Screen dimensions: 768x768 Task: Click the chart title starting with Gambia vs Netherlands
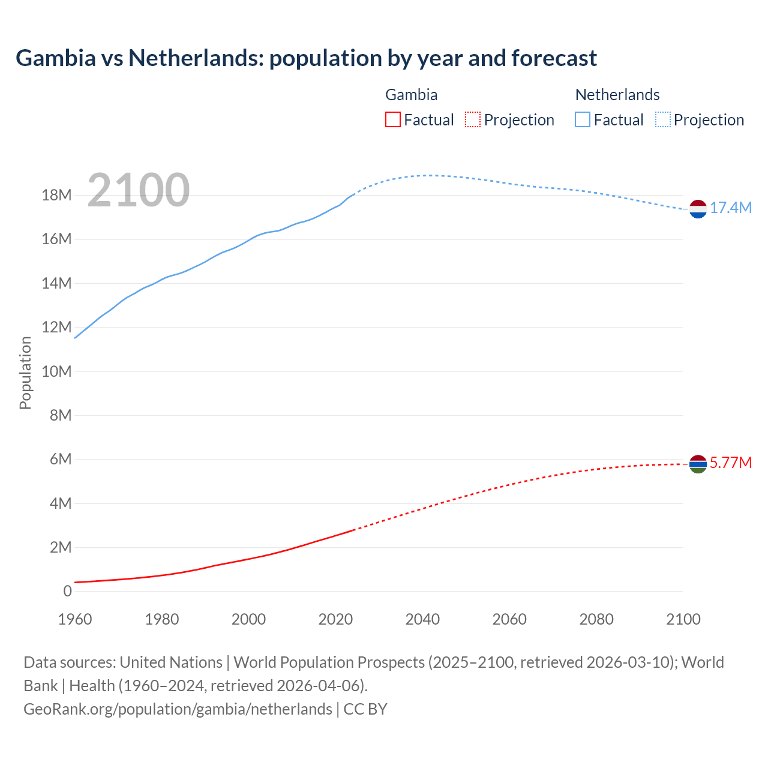click(x=306, y=58)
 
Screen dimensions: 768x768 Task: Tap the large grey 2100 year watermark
click(x=139, y=190)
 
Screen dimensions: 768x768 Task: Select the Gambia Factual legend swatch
click(x=392, y=120)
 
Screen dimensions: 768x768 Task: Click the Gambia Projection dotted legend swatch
click(x=473, y=120)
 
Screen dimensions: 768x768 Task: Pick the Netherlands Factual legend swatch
click(x=583, y=120)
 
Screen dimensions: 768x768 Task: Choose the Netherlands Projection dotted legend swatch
click(x=663, y=120)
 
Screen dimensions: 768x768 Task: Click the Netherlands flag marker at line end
click(x=698, y=209)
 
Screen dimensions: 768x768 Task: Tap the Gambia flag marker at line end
click(x=698, y=464)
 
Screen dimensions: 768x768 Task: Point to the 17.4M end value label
click(x=731, y=208)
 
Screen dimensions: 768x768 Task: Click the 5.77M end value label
click(x=731, y=463)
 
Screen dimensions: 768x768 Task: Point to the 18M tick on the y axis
click(x=56, y=196)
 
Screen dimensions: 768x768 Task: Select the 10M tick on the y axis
click(x=56, y=371)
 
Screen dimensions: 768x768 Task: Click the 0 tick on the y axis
click(x=67, y=591)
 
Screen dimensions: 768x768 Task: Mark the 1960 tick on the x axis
click(x=75, y=619)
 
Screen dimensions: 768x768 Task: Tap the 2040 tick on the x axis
click(x=422, y=619)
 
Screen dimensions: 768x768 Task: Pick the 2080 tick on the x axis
click(x=596, y=619)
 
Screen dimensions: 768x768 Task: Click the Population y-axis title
click(x=25, y=373)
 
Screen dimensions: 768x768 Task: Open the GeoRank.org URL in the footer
click(x=178, y=709)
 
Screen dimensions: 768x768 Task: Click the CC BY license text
click(x=365, y=709)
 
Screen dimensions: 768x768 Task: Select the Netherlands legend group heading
click(x=617, y=95)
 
